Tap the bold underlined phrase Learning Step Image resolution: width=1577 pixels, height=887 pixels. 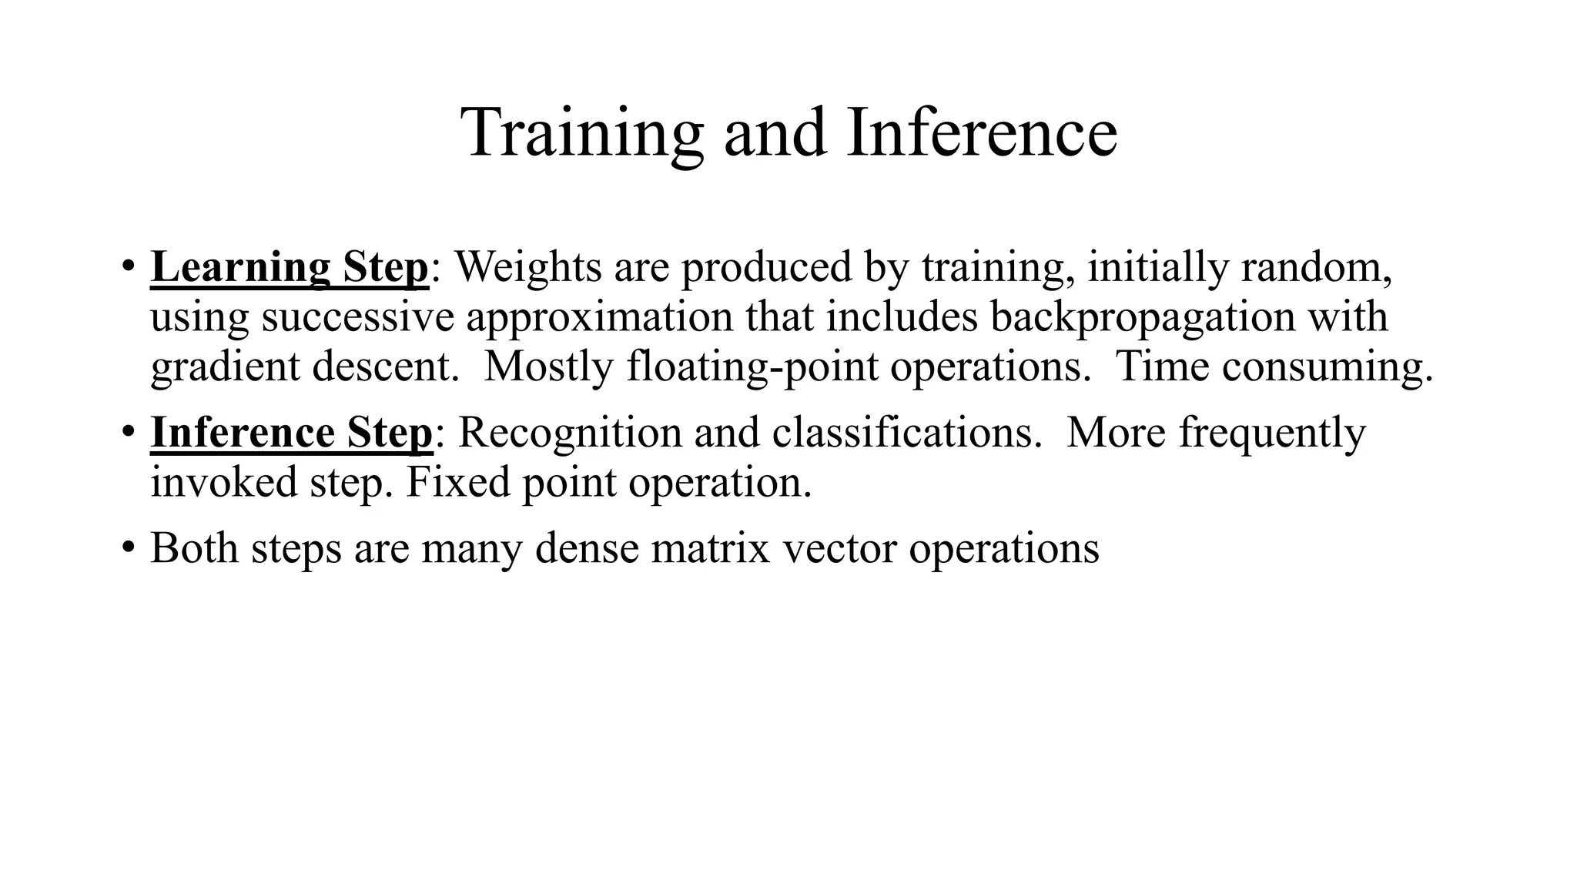[290, 267]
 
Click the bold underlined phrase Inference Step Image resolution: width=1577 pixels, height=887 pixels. [292, 433]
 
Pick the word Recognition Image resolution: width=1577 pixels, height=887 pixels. [570, 433]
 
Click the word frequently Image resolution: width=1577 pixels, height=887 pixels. [1272, 433]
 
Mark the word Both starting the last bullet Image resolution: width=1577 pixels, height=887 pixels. [194, 548]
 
